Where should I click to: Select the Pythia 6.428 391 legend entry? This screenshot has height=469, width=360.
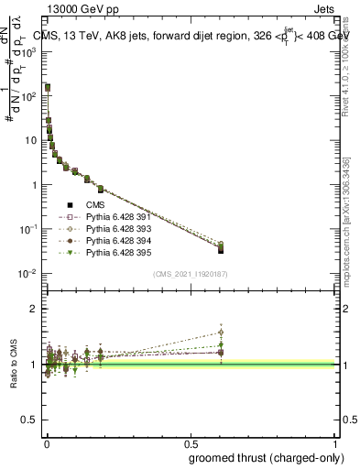[116, 217]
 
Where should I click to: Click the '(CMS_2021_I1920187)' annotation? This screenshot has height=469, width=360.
[191, 273]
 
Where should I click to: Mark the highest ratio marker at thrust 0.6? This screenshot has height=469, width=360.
[220, 333]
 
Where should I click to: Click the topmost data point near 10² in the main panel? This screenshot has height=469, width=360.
[48, 88]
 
